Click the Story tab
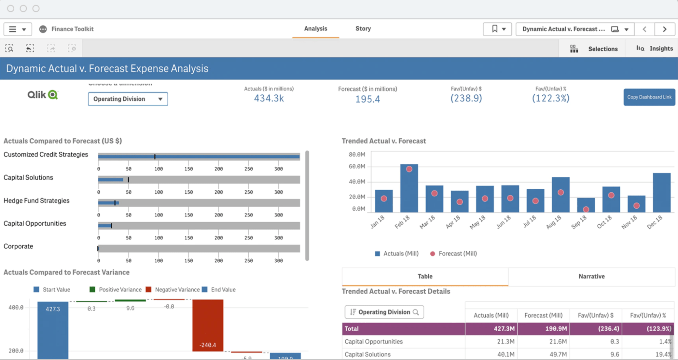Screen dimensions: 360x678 pos(363,29)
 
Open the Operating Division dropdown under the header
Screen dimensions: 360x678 pos(128,99)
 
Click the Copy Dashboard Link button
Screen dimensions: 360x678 pos(649,97)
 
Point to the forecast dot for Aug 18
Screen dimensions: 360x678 pos(561,192)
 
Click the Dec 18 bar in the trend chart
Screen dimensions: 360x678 pos(661,193)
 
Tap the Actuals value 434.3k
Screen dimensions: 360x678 pos(269,98)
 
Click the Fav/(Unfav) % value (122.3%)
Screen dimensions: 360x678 pos(550,98)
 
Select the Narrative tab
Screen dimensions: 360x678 pos(591,277)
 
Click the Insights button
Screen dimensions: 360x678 pos(655,49)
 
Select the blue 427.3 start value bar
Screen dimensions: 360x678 pos(53,331)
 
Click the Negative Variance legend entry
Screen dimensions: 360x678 pos(173,290)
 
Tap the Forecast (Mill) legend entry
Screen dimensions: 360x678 pos(453,254)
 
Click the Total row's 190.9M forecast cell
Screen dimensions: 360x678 pos(543,329)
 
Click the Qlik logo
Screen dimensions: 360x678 pos(43,95)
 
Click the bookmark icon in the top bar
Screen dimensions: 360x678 pos(495,29)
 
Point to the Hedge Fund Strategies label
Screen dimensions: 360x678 pos(37,201)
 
